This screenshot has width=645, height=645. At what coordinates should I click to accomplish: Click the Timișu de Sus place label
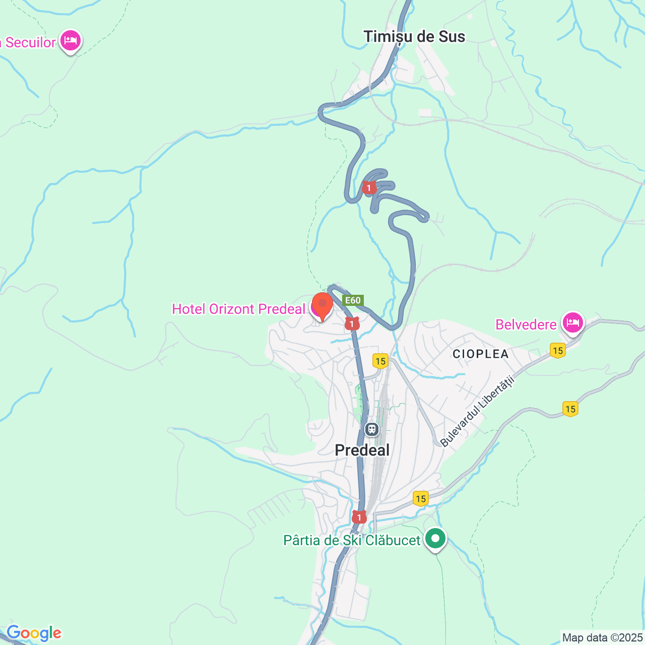coord(414,36)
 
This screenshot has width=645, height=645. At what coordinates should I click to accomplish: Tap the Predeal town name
coord(362,450)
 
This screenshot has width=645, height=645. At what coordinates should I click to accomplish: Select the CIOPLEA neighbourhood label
coord(480,354)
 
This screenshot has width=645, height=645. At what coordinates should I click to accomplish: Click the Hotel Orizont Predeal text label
coord(239,309)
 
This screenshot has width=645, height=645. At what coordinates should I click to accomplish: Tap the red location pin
coord(322,305)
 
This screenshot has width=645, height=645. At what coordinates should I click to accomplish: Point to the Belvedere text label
coord(526,325)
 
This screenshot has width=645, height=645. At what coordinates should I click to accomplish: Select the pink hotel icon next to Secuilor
coord(70,40)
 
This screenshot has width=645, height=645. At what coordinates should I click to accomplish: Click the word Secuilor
coord(30,42)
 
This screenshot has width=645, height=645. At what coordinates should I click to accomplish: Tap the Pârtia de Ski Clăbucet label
coord(352,540)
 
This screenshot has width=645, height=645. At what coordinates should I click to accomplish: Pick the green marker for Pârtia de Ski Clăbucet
coord(435,539)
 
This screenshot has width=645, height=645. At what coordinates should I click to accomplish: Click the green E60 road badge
coord(353,300)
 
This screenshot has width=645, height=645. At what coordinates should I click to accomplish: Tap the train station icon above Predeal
coord(372,429)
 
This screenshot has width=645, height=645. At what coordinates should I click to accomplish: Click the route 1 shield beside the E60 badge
coord(352,324)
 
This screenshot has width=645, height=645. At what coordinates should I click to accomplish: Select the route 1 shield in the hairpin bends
coord(369,188)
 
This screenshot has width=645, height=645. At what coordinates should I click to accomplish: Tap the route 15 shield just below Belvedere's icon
coord(557,350)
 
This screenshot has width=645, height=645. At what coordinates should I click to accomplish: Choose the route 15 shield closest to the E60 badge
coord(380,361)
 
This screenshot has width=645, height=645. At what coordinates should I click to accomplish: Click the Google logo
coord(34,633)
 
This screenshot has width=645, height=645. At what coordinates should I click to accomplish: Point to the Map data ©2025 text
coord(603,637)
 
